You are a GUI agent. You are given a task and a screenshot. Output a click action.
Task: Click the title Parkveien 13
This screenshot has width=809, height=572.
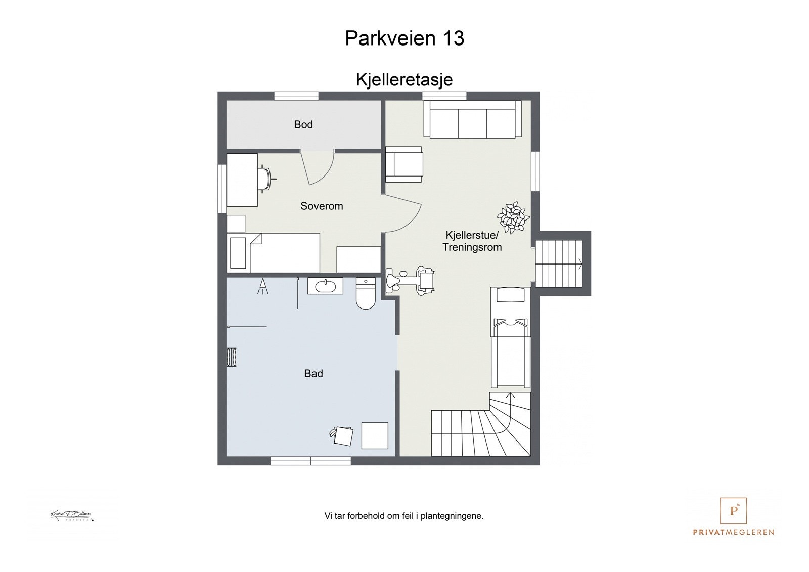click(404, 38)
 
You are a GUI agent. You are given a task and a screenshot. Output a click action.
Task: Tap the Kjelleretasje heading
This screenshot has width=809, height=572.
click(404, 80)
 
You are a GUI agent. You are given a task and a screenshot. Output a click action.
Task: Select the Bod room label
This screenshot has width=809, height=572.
click(303, 124)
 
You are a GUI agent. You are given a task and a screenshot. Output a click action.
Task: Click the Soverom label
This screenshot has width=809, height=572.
click(322, 206)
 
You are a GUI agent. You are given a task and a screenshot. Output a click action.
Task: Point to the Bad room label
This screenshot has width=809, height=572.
click(313, 374)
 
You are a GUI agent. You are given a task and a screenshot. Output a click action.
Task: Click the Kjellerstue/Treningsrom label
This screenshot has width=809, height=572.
click(472, 241)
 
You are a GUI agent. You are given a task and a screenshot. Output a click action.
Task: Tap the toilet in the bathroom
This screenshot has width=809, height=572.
click(365, 294)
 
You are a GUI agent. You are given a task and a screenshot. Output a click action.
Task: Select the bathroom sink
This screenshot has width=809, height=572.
click(326, 286)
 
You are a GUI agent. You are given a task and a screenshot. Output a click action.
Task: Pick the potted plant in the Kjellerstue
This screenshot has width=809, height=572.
click(513, 217)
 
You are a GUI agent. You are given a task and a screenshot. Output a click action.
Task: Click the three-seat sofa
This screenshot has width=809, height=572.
click(472, 119)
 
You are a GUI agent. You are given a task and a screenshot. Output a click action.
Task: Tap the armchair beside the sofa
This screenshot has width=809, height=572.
click(403, 164)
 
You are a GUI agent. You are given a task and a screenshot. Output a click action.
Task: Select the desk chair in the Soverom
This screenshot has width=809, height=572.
click(265, 179)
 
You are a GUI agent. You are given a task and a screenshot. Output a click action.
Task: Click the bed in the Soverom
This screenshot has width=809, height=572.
click(274, 253)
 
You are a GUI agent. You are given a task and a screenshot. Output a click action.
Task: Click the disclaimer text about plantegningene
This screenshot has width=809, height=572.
click(404, 516)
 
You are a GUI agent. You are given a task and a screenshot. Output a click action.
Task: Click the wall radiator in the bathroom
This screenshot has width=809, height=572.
click(232, 357)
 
